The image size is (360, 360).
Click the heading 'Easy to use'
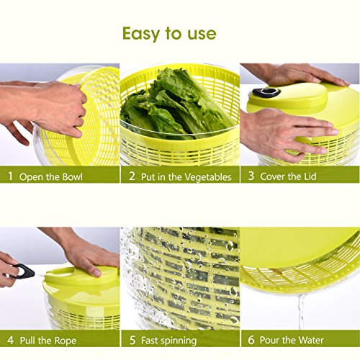point(169,34)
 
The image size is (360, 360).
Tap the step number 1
point(10,176)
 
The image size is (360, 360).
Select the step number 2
point(132,176)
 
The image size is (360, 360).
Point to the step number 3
point(251,176)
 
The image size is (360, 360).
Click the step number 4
point(10,340)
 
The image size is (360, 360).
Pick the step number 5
point(132,340)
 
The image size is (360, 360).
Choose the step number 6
point(251,340)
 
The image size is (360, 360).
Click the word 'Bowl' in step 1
point(72,177)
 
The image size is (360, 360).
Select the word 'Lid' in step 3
point(310,176)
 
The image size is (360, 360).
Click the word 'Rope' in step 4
point(66,341)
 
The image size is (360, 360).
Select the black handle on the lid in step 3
point(266,92)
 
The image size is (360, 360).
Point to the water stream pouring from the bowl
point(301,312)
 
